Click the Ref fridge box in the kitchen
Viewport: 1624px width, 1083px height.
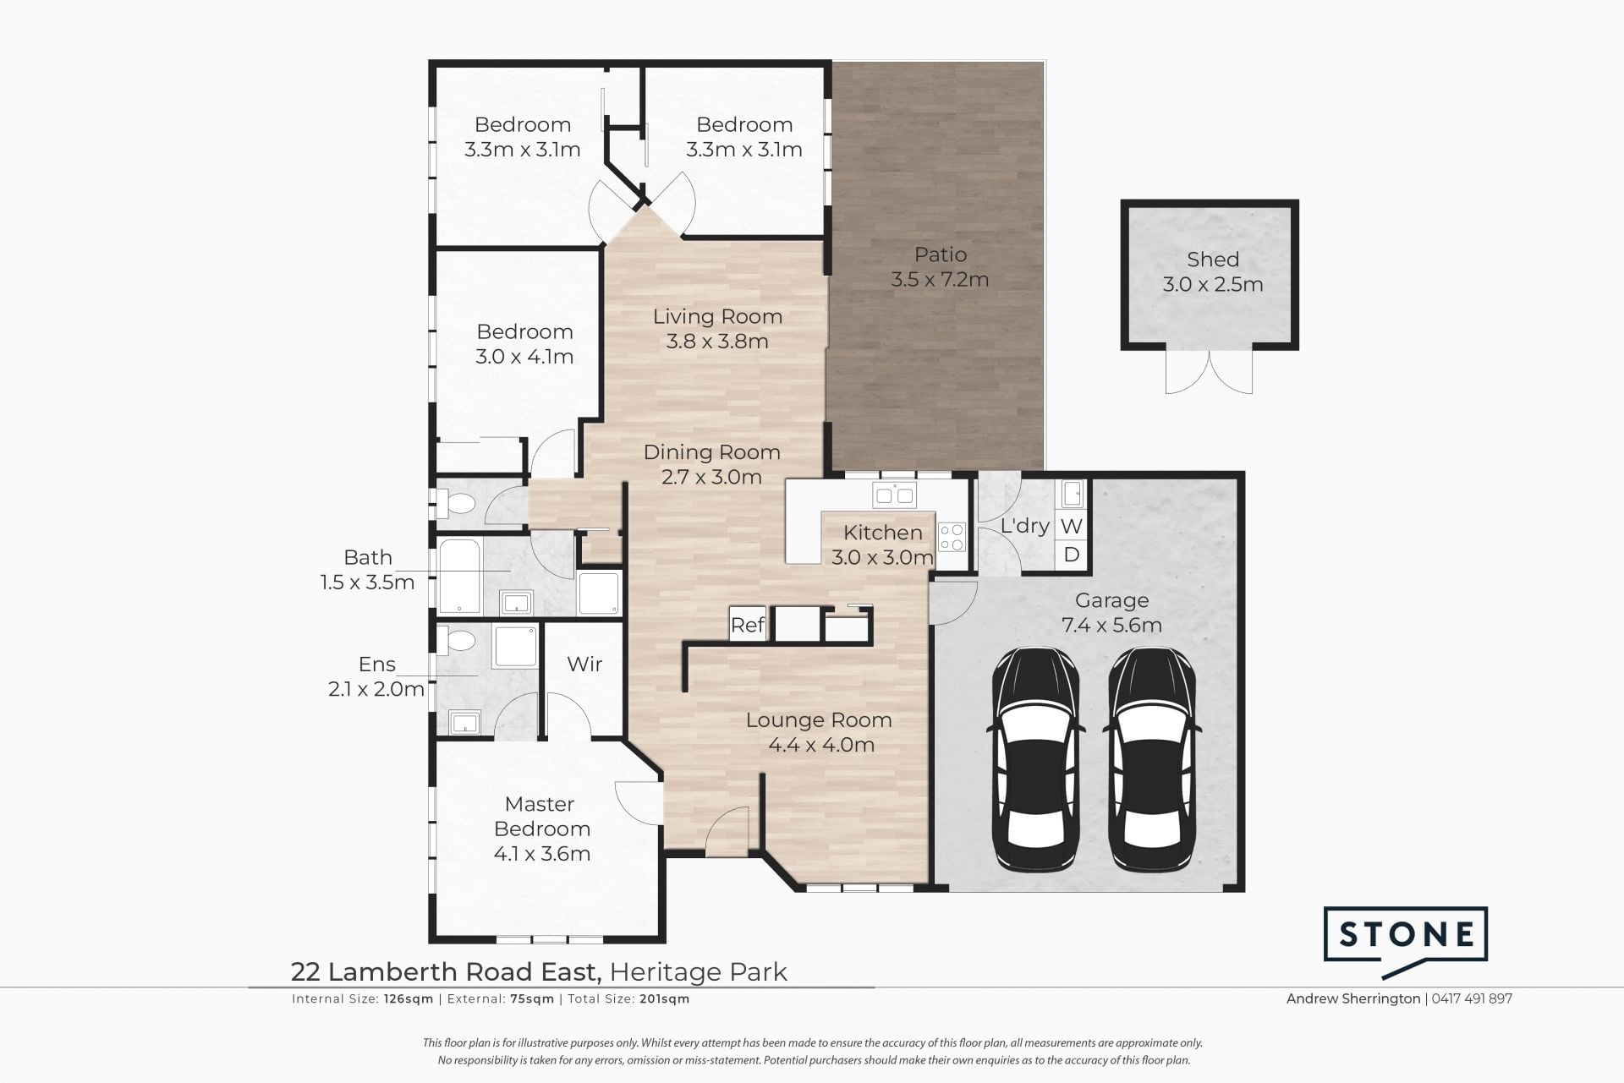click(748, 625)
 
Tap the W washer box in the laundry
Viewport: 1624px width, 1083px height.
click(1071, 526)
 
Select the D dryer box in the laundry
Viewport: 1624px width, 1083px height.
click(1071, 555)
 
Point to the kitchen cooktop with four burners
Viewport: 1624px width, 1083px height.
click(952, 536)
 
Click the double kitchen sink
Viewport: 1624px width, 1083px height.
click(894, 495)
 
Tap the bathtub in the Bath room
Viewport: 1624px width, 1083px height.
click(459, 575)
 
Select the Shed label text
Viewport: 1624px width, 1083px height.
click(1213, 260)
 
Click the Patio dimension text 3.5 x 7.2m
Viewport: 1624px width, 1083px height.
click(940, 279)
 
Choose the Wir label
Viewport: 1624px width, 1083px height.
click(584, 664)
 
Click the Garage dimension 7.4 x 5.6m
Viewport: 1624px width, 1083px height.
click(1111, 626)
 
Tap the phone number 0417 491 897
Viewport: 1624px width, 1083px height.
click(1473, 998)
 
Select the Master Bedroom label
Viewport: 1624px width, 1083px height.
click(541, 816)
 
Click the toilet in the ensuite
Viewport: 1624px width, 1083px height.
click(458, 639)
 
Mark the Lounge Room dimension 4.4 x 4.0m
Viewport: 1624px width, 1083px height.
click(821, 745)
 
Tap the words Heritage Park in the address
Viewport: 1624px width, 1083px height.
click(699, 972)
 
